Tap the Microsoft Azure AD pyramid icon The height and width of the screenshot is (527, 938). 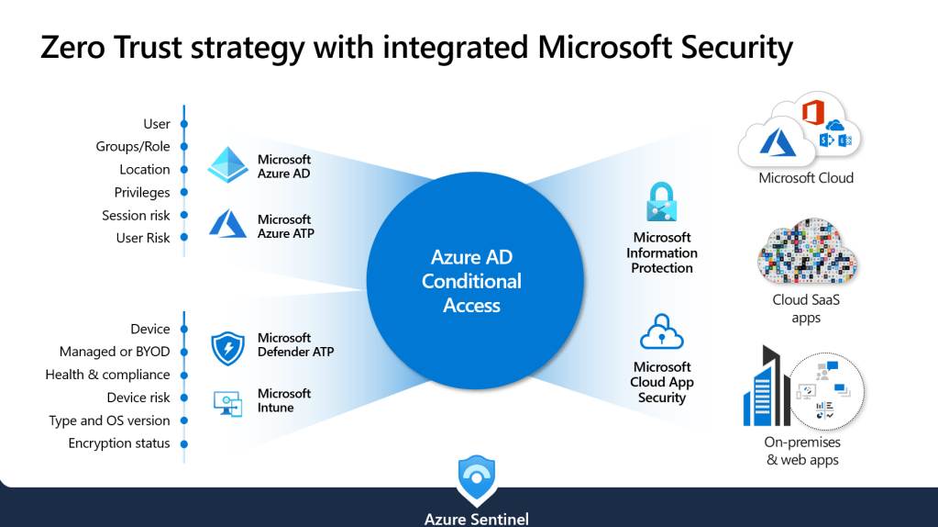tap(228, 165)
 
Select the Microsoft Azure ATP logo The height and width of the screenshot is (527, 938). tap(227, 224)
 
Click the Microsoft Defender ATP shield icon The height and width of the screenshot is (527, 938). tap(227, 348)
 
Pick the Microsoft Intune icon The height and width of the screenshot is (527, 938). tap(227, 402)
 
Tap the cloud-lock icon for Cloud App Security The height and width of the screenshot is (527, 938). tap(662, 332)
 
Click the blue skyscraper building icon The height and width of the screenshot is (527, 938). tap(765, 386)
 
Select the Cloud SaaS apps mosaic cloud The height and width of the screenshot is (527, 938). tap(806, 252)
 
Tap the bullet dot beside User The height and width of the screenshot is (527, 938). tap(184, 124)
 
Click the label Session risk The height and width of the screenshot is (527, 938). tap(136, 216)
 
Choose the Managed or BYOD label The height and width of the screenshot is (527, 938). tap(115, 352)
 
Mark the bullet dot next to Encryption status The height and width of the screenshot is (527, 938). tap(184, 443)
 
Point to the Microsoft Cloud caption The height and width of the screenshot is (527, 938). tap(806, 178)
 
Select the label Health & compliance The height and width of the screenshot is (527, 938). tap(107, 375)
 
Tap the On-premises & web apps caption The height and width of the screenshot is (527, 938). tap(802, 452)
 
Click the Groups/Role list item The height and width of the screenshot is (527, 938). tap(133, 147)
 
